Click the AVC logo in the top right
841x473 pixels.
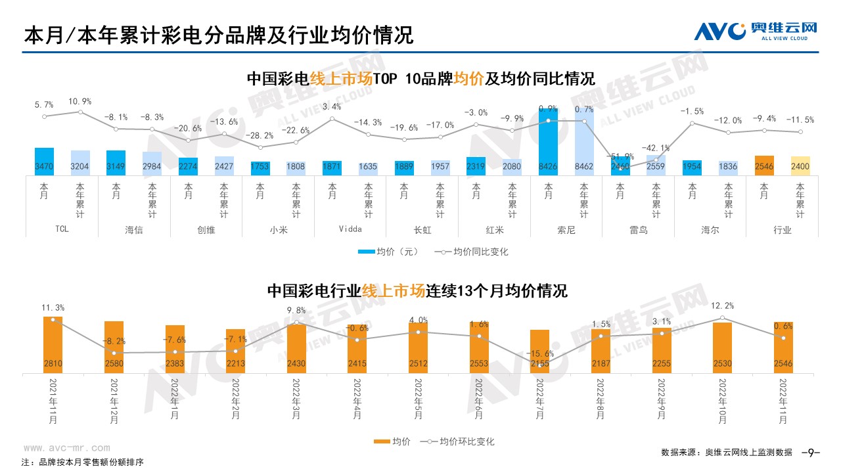pos(756,30)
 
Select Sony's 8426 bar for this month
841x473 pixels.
pos(548,141)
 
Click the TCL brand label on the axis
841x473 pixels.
pos(61,229)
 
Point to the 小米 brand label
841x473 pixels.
pos(278,230)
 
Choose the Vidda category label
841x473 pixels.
pos(350,229)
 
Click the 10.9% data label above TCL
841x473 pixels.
pos(80,101)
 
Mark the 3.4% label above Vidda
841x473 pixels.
pos(332,106)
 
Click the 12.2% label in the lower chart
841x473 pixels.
pos(723,306)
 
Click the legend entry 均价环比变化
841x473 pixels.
pos(460,441)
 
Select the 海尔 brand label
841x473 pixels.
pos(710,230)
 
